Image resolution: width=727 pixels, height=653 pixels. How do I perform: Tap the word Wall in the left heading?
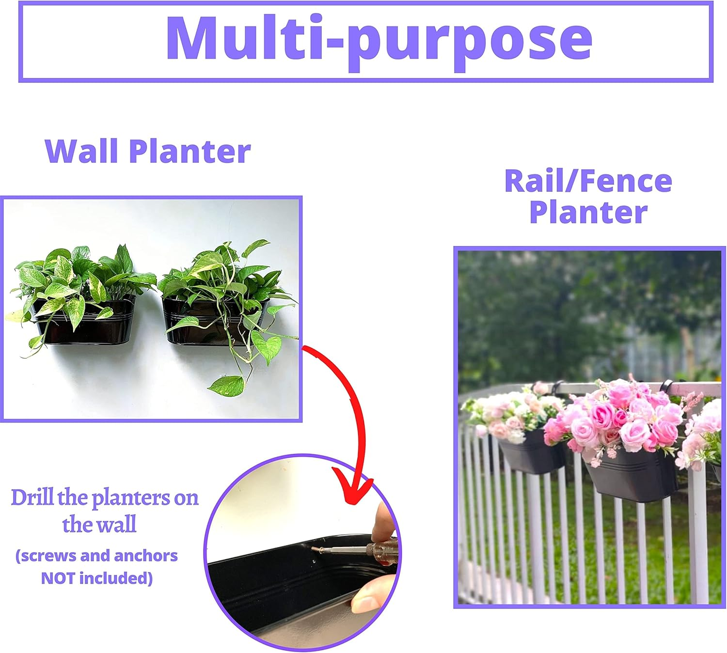pos(81,151)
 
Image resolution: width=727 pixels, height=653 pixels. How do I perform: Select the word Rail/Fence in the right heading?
pos(588,181)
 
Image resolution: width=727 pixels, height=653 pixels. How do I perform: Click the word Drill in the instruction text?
pos(32,498)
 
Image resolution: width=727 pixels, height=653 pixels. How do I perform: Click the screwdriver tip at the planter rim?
pos(316,549)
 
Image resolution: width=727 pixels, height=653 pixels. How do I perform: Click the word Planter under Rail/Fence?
pos(588,212)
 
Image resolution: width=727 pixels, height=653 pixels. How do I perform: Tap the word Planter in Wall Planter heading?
pos(190,151)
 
